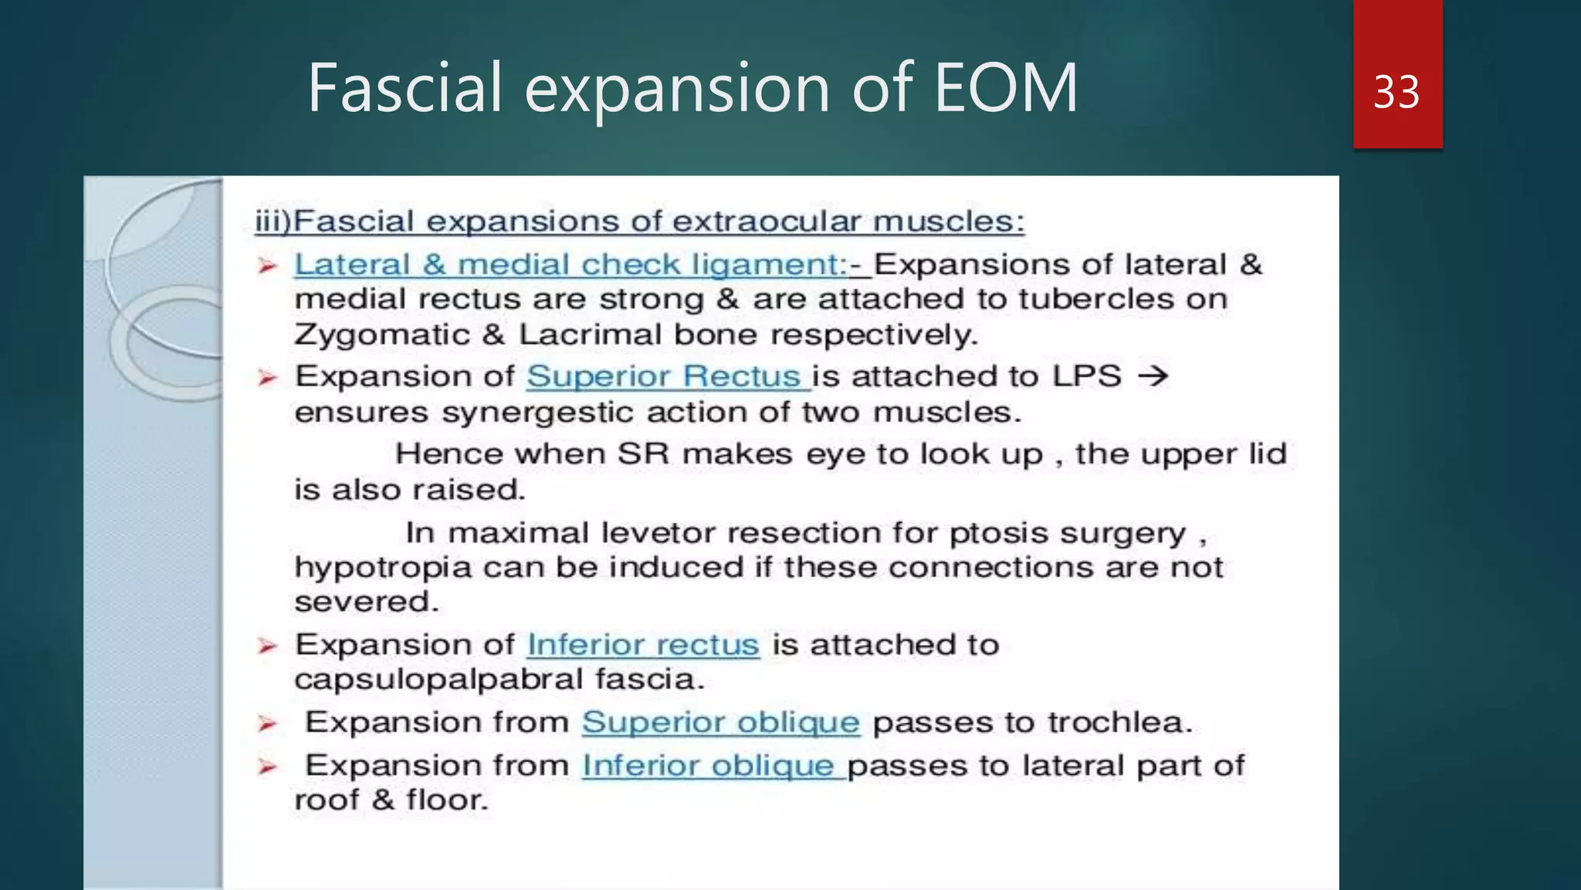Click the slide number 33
[1396, 92]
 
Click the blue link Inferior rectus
[642, 644]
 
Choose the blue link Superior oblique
[720, 722]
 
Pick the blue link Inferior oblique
[708, 766]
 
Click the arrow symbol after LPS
[1153, 376]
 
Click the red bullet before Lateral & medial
[267, 267]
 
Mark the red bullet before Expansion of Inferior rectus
[267, 646]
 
